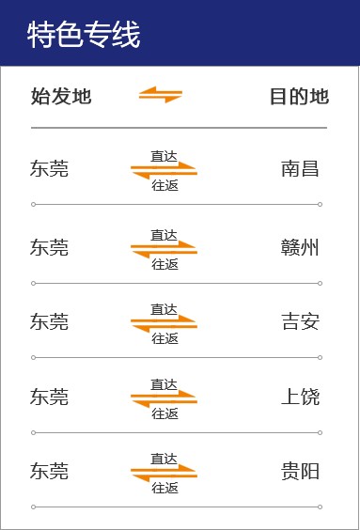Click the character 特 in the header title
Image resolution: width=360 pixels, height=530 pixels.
point(40,35)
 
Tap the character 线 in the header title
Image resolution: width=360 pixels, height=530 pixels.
point(127,35)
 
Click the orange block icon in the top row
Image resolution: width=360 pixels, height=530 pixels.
point(160,95)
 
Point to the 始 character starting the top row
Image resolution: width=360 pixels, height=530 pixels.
point(38,96)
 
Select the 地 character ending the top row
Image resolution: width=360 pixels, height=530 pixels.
point(321,96)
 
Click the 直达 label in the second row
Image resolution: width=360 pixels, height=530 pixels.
point(164,156)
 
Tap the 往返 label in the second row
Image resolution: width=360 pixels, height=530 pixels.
point(164,185)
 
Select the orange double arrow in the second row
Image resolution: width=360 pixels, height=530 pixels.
point(164,170)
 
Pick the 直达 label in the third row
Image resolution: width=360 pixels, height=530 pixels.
point(164,235)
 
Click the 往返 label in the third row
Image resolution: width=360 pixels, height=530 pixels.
point(164,264)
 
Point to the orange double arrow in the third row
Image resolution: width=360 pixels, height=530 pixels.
point(164,249)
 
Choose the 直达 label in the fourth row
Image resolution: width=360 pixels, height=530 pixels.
point(164,309)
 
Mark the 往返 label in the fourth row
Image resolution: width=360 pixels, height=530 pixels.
point(164,338)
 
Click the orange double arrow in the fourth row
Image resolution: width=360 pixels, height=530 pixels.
point(164,324)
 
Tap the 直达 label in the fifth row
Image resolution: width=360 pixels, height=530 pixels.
point(164,384)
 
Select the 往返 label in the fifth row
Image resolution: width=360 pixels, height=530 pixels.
point(164,413)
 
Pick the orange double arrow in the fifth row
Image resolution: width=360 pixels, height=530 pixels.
point(164,398)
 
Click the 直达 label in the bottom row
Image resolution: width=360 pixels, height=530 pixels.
point(164,459)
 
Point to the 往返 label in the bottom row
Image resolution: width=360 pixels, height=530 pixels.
point(164,488)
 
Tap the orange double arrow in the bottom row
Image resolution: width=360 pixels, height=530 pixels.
point(164,473)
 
